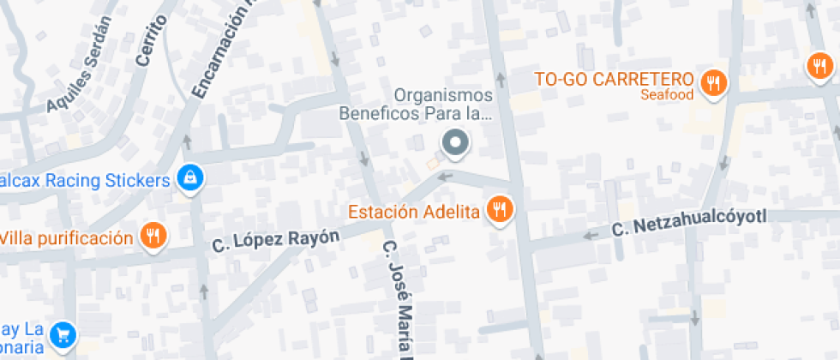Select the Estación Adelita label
coord(412,212)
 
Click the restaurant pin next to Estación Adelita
coord(499,208)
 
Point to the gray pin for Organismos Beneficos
coord(455,143)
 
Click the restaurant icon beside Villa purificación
coord(153,236)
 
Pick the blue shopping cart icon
coord(63,335)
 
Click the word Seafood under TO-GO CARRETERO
coord(666,95)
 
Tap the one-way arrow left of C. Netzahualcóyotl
coord(590,234)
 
